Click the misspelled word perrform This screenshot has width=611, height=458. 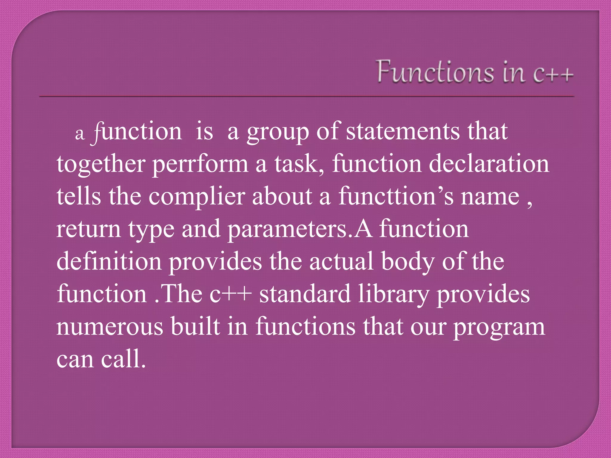pos(200,164)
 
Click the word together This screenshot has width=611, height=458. pos(101,164)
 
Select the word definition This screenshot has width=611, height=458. pos(109,262)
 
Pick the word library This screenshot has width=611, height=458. pos(393,294)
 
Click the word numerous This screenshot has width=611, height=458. pos(110,327)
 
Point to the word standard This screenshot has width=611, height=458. pos(305,294)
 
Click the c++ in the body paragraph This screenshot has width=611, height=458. pos(230,294)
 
